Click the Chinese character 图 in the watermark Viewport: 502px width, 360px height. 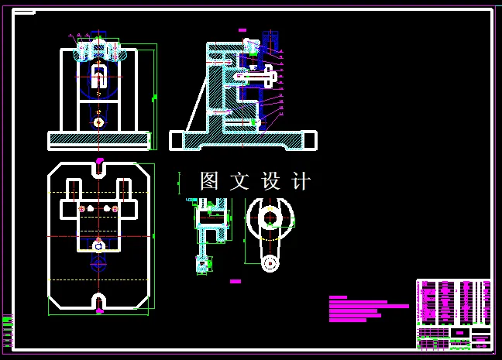pyautogui.click(x=210, y=181)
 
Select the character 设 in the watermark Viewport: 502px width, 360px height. pyautogui.click(x=270, y=181)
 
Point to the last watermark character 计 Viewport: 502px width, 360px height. pyautogui.click(x=301, y=181)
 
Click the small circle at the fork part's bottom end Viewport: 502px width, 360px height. pyautogui.click(x=269, y=263)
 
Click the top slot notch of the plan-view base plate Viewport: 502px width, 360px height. pyautogui.click(x=99, y=166)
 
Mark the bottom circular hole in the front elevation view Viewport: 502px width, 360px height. pyautogui.click(x=98, y=122)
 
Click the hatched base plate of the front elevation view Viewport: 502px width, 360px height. pyautogui.click(x=98, y=140)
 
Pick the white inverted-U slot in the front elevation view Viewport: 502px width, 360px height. pyautogui.click(x=98, y=77)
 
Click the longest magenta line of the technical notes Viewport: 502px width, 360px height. pyautogui.click(x=369, y=306)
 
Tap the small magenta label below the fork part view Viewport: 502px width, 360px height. pyautogui.click(x=236, y=282)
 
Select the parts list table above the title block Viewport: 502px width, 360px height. pyautogui.click(x=453, y=302)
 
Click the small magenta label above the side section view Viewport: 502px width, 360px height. pyautogui.click(x=242, y=30)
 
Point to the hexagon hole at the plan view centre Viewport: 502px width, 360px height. pyautogui.click(x=98, y=246)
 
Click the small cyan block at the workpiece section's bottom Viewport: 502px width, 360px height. pyautogui.click(x=203, y=263)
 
